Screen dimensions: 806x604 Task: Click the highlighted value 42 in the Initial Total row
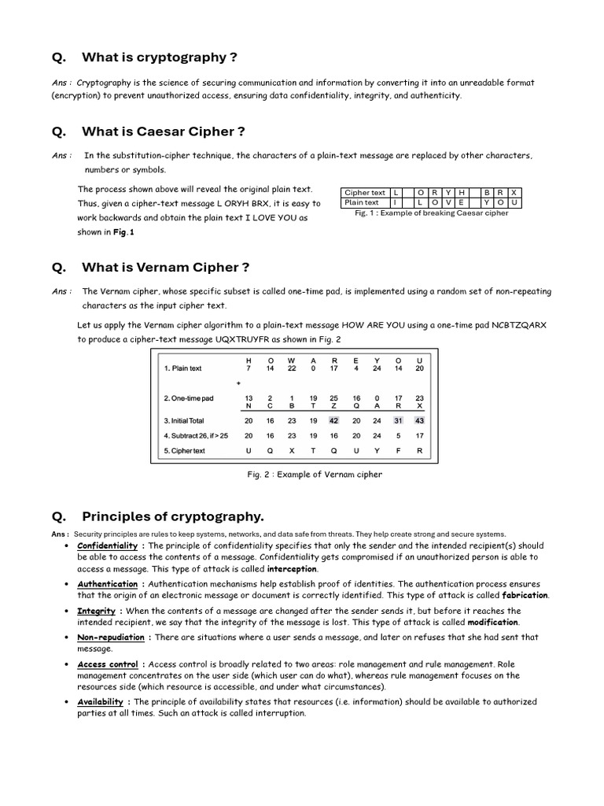(333, 420)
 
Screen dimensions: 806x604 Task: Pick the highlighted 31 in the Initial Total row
(398, 420)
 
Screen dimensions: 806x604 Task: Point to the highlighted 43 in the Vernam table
(419, 420)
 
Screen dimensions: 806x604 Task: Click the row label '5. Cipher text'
(184, 451)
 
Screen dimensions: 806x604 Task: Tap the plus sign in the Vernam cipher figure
(238, 383)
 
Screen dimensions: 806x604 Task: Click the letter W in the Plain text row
(292, 360)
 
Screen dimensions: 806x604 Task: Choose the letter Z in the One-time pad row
(333, 406)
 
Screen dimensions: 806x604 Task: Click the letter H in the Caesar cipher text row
(462, 192)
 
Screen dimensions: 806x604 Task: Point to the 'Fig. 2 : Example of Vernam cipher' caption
(315, 475)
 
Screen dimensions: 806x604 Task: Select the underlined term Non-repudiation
(110, 638)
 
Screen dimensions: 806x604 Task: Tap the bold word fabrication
(525, 595)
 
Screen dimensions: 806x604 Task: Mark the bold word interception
(292, 568)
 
